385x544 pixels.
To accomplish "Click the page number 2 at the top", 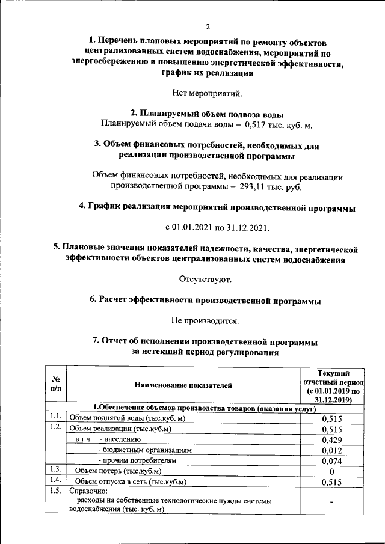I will [208, 26].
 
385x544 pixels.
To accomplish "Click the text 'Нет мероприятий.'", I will [208, 93].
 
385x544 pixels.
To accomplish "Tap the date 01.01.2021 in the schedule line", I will [193, 228].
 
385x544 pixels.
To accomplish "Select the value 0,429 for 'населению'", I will [333, 440].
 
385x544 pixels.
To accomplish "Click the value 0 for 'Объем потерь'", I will [333, 472].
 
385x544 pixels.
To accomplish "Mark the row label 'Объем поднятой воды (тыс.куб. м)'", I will [127, 418].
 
